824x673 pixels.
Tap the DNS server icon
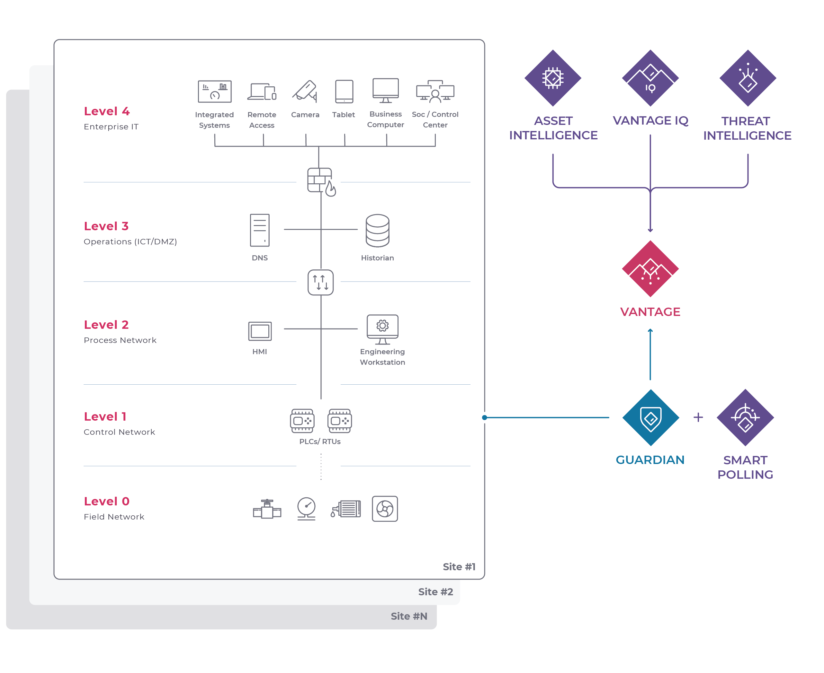coord(260,230)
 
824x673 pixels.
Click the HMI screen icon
coord(260,331)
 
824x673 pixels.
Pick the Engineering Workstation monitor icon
coord(382,329)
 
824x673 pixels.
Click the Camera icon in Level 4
coord(305,91)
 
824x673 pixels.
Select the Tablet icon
coord(344,92)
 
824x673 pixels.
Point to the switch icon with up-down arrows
coord(320,282)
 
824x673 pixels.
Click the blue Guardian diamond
coord(650,417)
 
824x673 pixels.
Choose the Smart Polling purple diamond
coord(745,417)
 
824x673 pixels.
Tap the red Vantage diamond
coord(650,269)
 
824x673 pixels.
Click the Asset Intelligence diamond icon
coord(552,78)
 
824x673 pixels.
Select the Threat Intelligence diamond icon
coord(748,78)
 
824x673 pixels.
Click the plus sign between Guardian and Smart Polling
coord(698,417)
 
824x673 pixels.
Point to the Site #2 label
coord(435,591)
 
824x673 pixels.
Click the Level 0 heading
coord(107,501)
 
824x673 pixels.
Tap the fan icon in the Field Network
coord(384,508)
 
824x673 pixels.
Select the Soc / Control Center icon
coord(435,92)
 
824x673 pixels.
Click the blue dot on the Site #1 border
coord(484,417)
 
